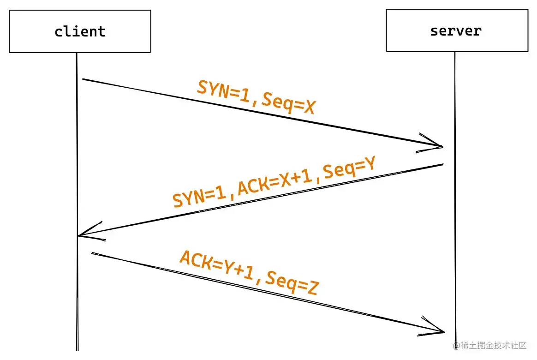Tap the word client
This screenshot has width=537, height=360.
click(80, 31)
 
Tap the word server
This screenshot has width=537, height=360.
click(456, 31)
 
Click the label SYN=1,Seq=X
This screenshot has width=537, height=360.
click(256, 97)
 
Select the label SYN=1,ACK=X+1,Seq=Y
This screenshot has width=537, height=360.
click(274, 181)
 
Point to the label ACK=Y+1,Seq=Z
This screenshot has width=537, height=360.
click(249, 273)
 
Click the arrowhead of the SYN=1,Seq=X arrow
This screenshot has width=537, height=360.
click(442, 147)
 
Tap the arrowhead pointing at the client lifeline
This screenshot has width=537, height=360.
click(79, 235)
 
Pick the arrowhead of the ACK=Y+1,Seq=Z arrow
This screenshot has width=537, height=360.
click(444, 331)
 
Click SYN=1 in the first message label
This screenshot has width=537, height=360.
click(223, 90)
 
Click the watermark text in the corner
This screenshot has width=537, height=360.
click(490, 345)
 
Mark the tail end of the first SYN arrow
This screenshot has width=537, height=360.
click(83, 79)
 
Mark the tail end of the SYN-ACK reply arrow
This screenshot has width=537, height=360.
click(443, 164)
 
